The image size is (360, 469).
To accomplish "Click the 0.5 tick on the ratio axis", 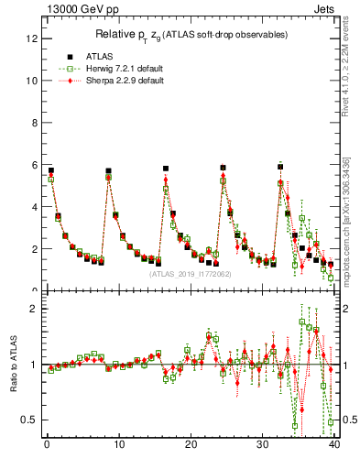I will tap(29, 420).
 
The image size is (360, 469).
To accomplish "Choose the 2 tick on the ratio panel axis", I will tap(33, 309).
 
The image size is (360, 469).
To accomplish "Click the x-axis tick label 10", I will tap(117, 445).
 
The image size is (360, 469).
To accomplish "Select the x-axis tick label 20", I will tap(190, 445).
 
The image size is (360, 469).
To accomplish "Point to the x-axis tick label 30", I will tap(262, 445).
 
